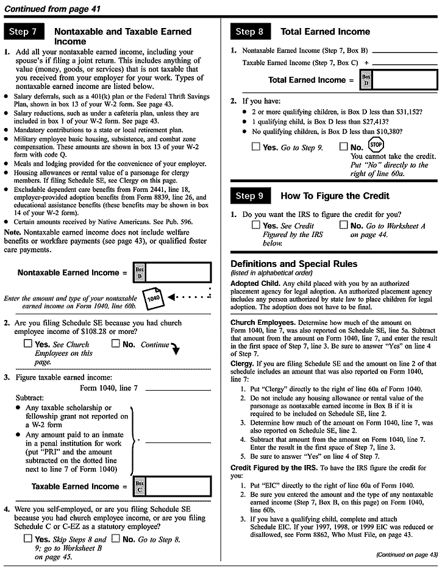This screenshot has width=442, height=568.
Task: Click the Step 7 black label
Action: tap(25, 32)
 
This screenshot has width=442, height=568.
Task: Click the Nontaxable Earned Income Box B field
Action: tap(179, 272)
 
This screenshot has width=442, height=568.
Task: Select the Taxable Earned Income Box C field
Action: tap(179, 486)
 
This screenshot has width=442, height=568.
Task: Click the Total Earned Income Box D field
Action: tap(404, 80)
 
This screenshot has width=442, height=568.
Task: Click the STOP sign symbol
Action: tap(376, 144)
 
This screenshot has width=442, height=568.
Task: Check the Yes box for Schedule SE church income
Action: tap(27, 344)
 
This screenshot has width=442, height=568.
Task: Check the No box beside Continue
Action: tap(116, 344)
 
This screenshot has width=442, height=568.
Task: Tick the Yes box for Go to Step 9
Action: tap(256, 147)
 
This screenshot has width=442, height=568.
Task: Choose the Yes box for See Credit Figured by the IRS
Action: tap(256, 225)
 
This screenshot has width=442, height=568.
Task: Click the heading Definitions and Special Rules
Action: tap(294, 264)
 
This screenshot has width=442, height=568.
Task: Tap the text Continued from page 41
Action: tap(52, 9)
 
